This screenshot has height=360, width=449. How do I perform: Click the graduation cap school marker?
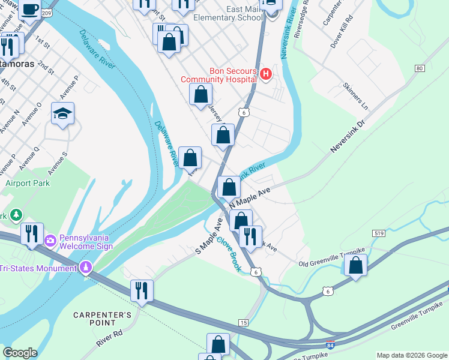62,114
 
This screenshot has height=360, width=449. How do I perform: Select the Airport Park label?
28,183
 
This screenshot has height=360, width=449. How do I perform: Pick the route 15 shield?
243,323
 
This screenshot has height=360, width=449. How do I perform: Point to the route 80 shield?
419,68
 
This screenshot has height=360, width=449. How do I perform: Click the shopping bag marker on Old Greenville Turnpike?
356,265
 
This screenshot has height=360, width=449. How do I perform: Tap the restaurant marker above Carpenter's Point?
142,290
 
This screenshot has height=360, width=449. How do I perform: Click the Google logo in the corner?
20,353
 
